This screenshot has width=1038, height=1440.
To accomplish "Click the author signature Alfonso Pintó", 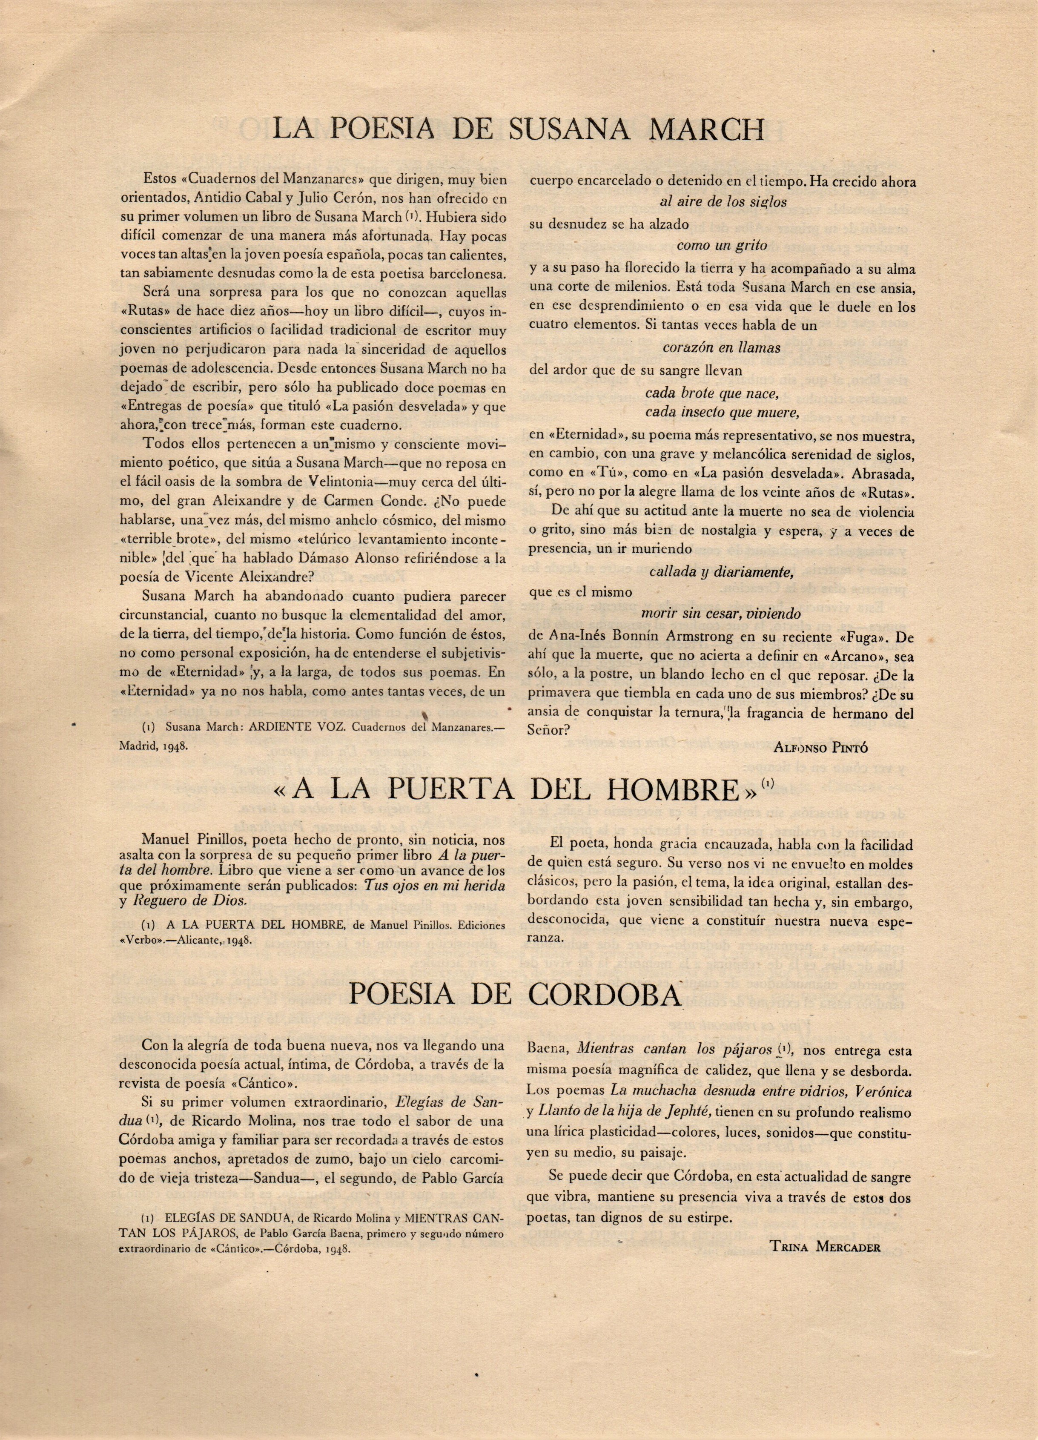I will point(821,747).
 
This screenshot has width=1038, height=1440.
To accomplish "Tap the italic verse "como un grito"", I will point(722,245).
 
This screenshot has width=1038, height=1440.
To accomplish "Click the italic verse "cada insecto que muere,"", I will point(721,412).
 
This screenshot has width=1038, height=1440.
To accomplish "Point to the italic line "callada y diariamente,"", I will point(721,571).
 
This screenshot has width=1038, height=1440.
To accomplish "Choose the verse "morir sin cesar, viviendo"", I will point(721,614).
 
